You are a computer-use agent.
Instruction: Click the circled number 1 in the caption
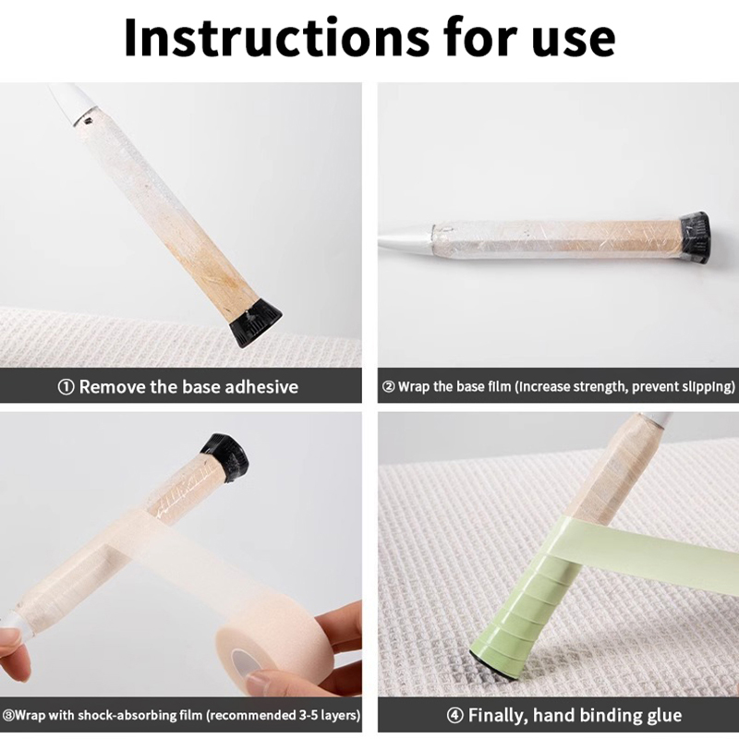click(x=66, y=387)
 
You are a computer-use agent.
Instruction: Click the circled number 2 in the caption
click(x=388, y=387)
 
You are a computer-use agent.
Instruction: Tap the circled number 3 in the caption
click(x=7, y=715)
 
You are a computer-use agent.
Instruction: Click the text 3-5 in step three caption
click(x=309, y=715)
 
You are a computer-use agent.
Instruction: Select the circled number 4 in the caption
click(x=454, y=715)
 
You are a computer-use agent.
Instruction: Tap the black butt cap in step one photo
click(x=255, y=325)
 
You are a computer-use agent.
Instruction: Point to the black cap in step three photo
click(x=224, y=457)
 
